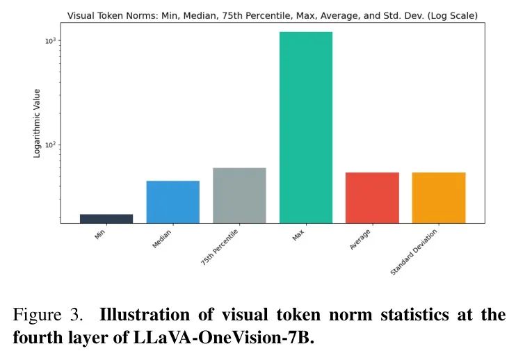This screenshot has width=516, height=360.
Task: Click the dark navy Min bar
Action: [106, 219]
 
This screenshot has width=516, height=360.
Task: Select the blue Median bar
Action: [173, 202]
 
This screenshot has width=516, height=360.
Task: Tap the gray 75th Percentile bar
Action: [239, 195]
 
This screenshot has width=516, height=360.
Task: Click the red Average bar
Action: [372, 197]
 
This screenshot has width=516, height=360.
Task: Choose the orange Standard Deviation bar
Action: [439, 197]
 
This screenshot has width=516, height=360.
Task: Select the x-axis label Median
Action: [162, 240]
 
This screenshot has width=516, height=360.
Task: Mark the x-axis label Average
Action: [360, 240]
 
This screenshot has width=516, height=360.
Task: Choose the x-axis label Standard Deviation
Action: [416, 252]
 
